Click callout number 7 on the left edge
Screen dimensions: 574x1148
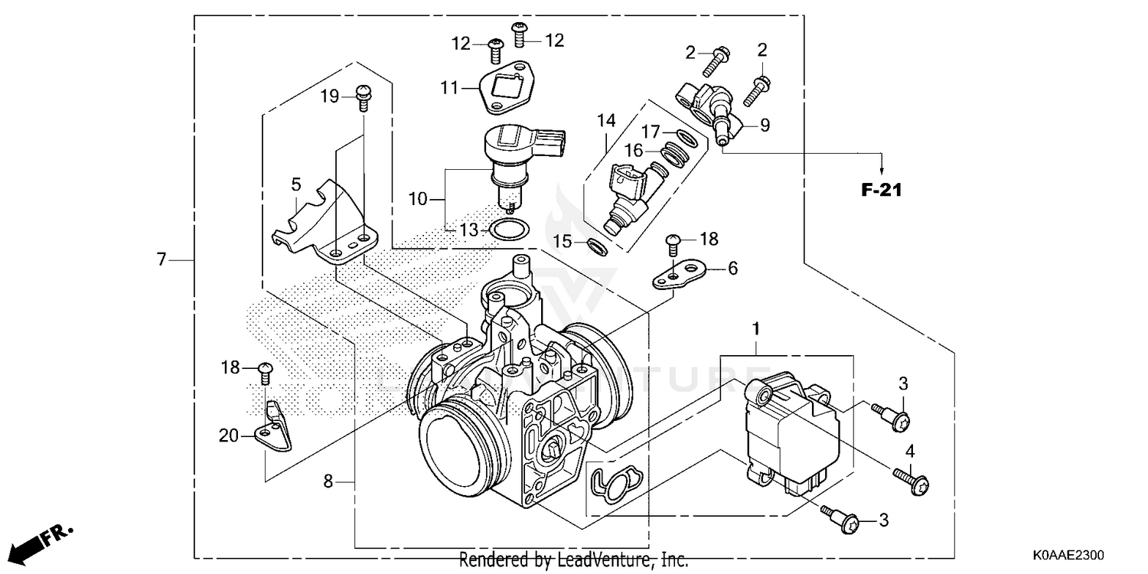[161, 260]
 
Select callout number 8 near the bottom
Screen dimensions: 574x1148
[328, 481]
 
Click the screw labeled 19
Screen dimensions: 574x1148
[364, 97]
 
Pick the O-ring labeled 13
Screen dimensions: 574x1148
[507, 229]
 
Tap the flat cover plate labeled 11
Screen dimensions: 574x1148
[501, 90]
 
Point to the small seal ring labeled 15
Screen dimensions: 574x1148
[598, 246]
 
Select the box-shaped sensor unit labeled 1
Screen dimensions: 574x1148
[791, 433]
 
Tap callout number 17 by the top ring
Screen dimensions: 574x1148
[650, 132]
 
